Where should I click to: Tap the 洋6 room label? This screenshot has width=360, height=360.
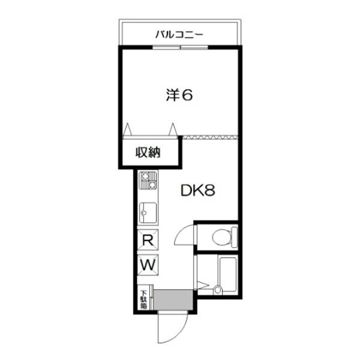tap(179, 95)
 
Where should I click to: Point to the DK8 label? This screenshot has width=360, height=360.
tap(198, 191)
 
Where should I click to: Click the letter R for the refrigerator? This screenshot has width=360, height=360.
tap(147, 239)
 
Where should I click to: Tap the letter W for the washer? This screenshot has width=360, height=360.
tap(147, 264)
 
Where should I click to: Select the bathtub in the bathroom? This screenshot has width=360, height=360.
tap(229, 274)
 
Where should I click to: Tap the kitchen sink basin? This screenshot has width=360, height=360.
tap(148, 212)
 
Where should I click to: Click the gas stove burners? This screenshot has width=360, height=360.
tap(147, 180)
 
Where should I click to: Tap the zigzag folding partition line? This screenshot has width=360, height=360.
tap(210, 137)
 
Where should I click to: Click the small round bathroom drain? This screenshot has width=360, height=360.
tap(217, 290)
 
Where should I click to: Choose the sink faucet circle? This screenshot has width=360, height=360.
tap(143, 212)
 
